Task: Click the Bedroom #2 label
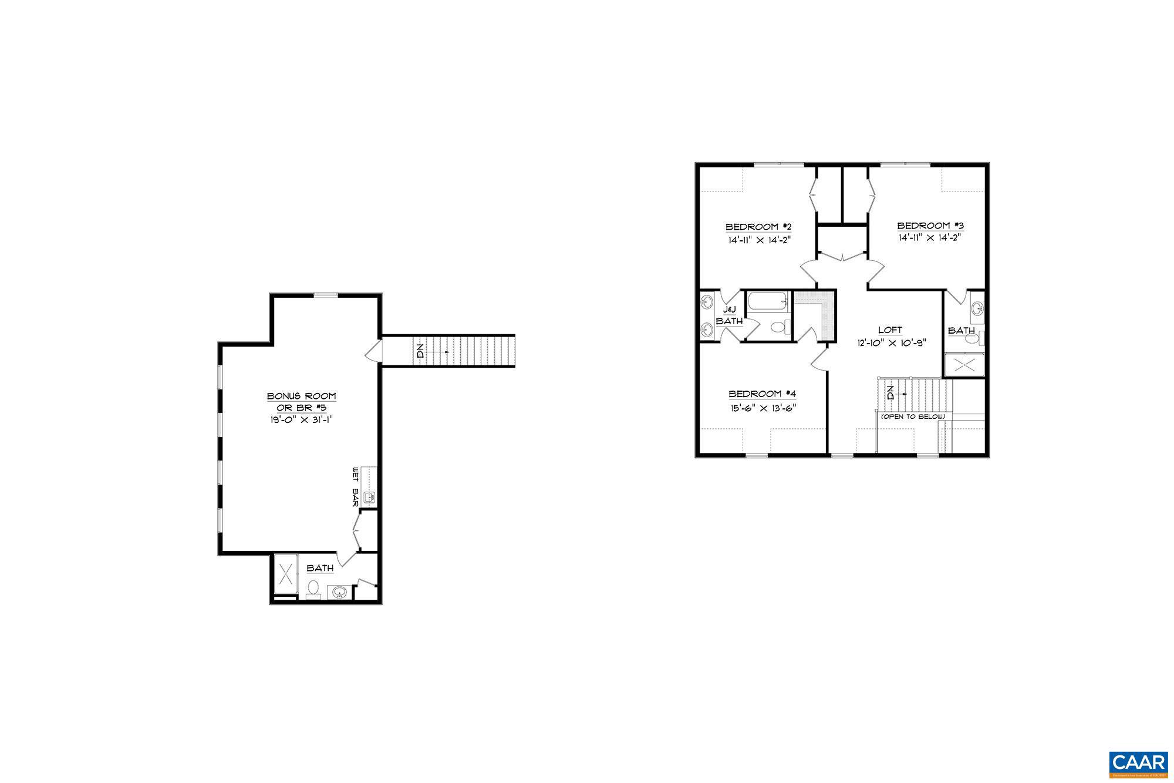coord(759,227)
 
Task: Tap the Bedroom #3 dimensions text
coord(930,238)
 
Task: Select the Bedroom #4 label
coord(762,394)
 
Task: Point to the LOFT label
coord(890,330)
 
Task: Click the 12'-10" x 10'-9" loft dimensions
coord(890,343)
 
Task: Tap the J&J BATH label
coord(729,315)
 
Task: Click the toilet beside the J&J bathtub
coord(777,327)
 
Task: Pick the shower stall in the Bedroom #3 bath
coord(963,365)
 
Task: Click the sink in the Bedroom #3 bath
coord(977,308)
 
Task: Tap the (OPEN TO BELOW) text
coord(912,416)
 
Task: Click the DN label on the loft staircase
coord(890,392)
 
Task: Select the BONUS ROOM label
coord(301,396)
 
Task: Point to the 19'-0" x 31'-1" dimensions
coord(301,419)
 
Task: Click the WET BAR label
coord(355,487)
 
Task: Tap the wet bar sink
coord(370,498)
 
